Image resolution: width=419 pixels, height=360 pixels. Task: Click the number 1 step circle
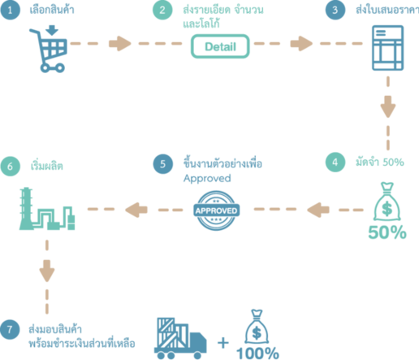click(10, 10)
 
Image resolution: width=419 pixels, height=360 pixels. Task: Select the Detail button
click(220, 46)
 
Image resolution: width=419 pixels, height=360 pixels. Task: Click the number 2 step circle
click(162, 10)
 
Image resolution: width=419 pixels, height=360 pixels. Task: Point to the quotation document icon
click(387, 48)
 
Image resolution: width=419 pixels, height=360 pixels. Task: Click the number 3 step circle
click(335, 10)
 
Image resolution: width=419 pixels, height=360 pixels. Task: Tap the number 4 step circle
click(335, 162)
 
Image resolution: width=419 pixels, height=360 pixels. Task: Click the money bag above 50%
click(387, 202)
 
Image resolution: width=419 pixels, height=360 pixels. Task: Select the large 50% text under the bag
click(387, 232)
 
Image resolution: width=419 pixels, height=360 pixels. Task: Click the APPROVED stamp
click(216, 210)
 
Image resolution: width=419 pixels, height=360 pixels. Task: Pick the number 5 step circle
click(163, 164)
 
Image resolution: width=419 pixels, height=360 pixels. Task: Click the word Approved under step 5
click(207, 179)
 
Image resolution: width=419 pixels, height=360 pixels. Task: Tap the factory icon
click(47, 209)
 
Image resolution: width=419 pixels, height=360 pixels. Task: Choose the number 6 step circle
click(10, 167)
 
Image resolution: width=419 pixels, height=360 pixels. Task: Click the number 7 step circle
click(10, 330)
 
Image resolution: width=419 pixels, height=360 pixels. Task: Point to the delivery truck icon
click(180, 338)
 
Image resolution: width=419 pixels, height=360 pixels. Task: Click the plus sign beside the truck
click(223, 343)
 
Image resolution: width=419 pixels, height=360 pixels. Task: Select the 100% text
click(257, 353)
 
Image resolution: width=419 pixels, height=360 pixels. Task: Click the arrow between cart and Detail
click(120, 43)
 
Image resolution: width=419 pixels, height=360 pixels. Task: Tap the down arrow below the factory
click(47, 271)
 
